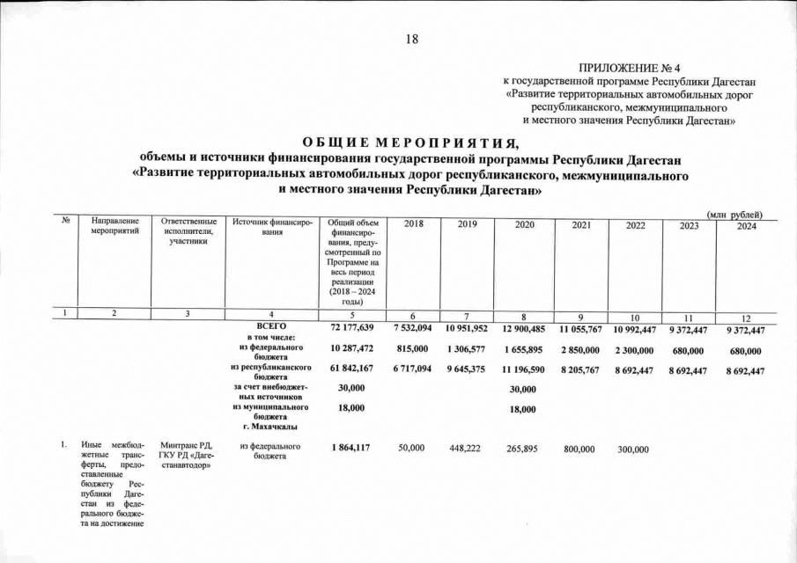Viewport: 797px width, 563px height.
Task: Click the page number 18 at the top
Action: point(412,38)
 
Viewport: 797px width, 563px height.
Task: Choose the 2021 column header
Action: point(581,225)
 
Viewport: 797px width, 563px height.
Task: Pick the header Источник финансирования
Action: point(269,225)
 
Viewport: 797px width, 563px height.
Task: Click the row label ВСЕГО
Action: point(270,327)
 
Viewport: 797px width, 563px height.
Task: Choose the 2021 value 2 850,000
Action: point(580,352)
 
